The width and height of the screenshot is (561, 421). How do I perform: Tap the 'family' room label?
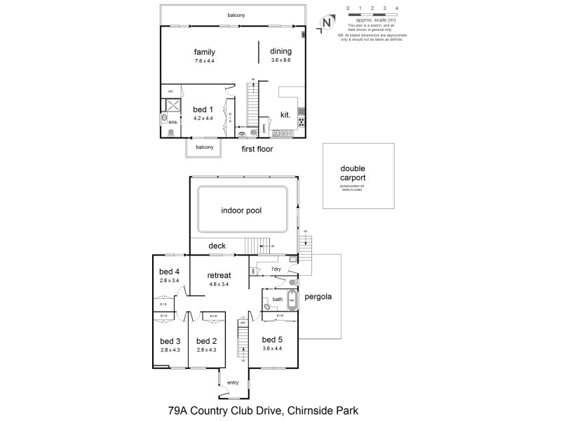(x=204, y=52)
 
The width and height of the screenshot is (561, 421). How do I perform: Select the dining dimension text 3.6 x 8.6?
(x=280, y=61)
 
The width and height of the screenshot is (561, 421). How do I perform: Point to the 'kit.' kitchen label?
(x=286, y=114)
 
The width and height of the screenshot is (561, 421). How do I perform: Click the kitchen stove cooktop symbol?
(x=302, y=122)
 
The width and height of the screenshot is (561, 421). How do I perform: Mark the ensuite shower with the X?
(x=170, y=105)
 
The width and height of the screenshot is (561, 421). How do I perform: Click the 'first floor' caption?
(x=257, y=149)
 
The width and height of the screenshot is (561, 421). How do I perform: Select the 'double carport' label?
(x=353, y=173)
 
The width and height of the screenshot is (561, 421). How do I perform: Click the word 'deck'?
(x=218, y=246)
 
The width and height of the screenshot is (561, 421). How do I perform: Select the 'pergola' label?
(x=318, y=297)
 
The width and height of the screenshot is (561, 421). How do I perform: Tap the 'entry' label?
(x=233, y=382)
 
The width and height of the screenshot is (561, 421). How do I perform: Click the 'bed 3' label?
(x=170, y=341)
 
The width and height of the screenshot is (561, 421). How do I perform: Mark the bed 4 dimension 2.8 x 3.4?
(x=170, y=281)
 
